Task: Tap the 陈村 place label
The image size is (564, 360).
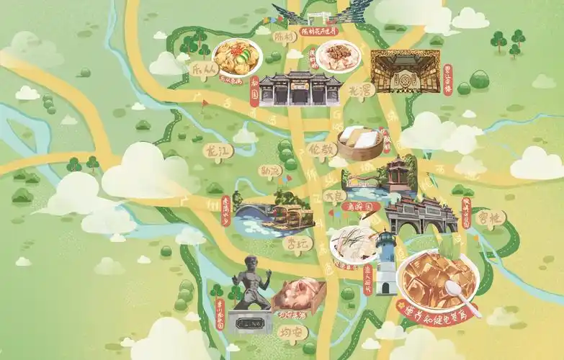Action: pyautogui.click(x=286, y=36)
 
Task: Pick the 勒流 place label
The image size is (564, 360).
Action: pyautogui.click(x=272, y=171)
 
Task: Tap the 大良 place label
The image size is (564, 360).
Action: pyautogui.click(x=336, y=195)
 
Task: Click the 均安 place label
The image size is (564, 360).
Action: pyautogui.click(x=290, y=333)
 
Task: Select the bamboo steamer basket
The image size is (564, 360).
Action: pyautogui.click(x=359, y=144)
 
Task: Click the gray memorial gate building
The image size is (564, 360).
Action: pyautogui.click(x=300, y=89)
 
